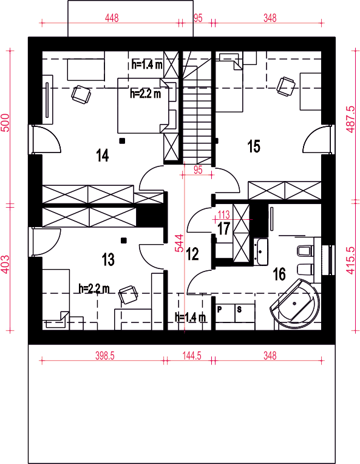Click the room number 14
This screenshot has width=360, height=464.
[x=103, y=155]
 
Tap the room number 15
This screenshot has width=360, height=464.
[x=254, y=146]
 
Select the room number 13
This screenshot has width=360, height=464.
[x=108, y=259]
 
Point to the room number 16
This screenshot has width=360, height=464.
[x=279, y=274]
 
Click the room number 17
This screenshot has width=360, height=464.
[x=223, y=228]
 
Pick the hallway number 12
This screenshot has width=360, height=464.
[x=192, y=254]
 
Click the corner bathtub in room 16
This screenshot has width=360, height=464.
[x=296, y=303]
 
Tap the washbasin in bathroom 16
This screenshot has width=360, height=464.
[x=260, y=251]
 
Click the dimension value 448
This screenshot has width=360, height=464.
[x=112, y=18]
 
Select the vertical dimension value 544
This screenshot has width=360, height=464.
[x=179, y=244]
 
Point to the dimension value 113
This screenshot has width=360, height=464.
[x=223, y=214]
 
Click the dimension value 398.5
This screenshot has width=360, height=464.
[x=104, y=355]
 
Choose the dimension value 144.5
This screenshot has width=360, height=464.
[x=192, y=355]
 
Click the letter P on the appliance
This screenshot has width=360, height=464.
[x=220, y=310]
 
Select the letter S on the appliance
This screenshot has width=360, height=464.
[x=239, y=310]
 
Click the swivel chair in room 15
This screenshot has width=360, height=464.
[x=286, y=86]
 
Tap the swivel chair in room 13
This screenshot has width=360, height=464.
[x=128, y=295]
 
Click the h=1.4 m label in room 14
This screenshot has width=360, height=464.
[x=147, y=65]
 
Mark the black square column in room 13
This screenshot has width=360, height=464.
[x=124, y=241]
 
